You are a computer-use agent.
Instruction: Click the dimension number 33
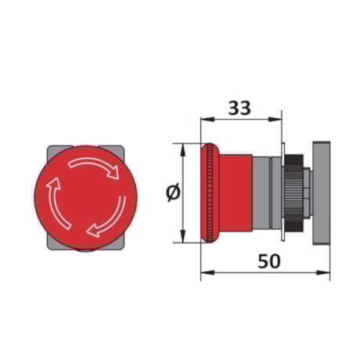pyautogui.click(x=240, y=107)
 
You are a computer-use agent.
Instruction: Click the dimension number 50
pyautogui.click(x=268, y=261)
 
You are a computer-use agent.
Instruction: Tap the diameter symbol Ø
pyautogui.click(x=173, y=193)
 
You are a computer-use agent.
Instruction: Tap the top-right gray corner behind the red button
pyautogui.click(x=121, y=149)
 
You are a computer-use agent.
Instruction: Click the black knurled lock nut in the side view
pyautogui.click(x=294, y=193)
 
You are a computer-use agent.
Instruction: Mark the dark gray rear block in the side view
pyautogui.click(x=321, y=193)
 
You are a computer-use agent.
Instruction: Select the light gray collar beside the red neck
pyautogui.click(x=263, y=193)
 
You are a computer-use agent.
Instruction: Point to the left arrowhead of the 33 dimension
pyautogui.click(x=205, y=120)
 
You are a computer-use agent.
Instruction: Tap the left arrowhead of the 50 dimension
pyautogui.click(x=205, y=272)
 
